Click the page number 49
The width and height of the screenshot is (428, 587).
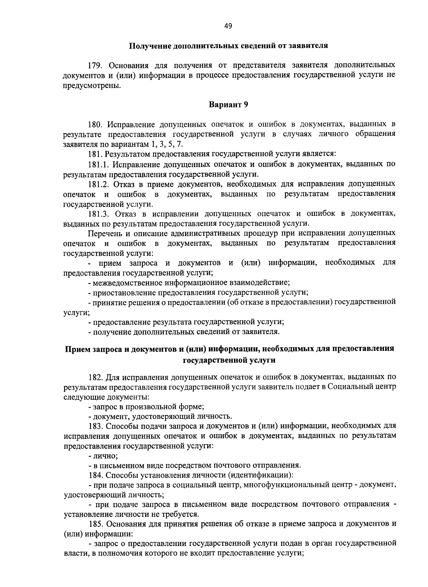pyautogui.click(x=228, y=26)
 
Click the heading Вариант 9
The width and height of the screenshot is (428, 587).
pyautogui.click(x=228, y=105)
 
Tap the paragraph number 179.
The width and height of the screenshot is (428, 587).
pyautogui.click(x=96, y=66)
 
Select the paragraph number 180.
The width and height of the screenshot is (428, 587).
pyautogui.click(x=96, y=125)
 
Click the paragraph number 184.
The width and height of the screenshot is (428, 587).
pyautogui.click(x=96, y=475)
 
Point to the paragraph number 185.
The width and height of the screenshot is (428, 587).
pyautogui.click(x=96, y=524)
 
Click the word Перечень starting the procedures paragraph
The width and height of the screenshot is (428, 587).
pyautogui.click(x=105, y=233)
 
